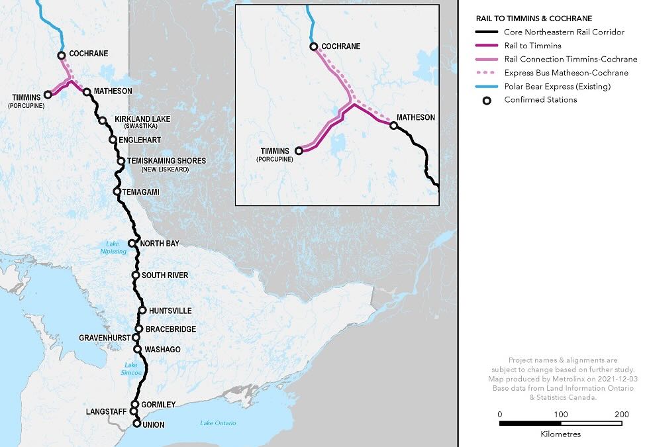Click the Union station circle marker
click(x=137, y=423)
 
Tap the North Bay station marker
click(x=132, y=243)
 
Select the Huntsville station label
click(x=170, y=311)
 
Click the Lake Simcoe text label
click(x=131, y=369)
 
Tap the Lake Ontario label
click(x=218, y=423)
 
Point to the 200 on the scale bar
click(x=620, y=415)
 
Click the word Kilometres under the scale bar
click(x=560, y=434)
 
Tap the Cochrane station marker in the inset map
click(x=314, y=46)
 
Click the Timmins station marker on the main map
click(x=47, y=95)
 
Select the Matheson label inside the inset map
click(x=416, y=117)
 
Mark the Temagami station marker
click(x=117, y=192)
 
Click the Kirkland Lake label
click(x=146, y=119)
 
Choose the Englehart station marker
click(x=113, y=140)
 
